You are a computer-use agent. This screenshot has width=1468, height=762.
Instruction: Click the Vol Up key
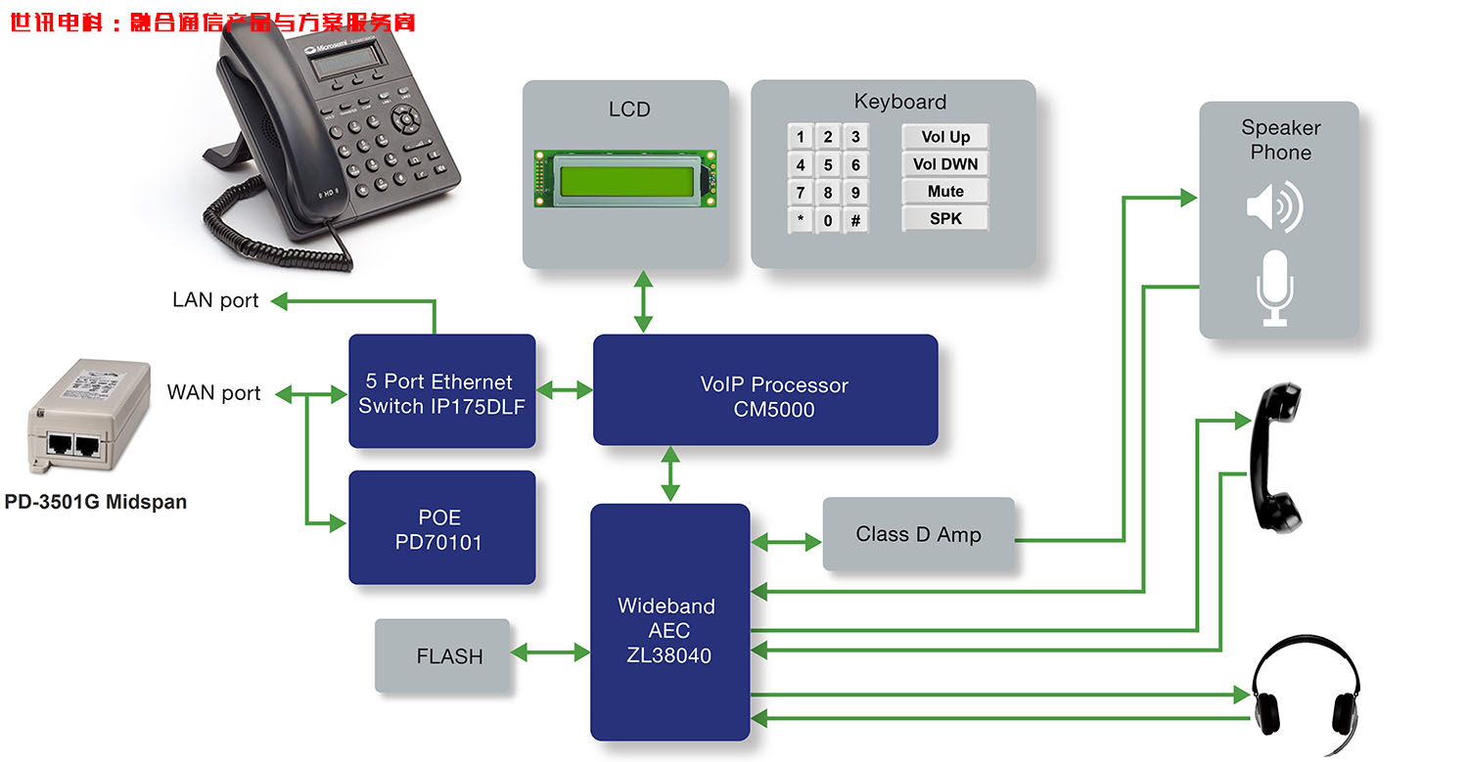(x=945, y=137)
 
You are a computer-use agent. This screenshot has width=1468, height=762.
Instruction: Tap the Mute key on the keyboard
(x=945, y=192)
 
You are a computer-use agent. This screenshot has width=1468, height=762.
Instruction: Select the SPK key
(x=945, y=219)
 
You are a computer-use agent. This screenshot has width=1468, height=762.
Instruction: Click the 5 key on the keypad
(x=828, y=164)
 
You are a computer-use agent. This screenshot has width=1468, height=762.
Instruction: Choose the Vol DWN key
(x=945, y=164)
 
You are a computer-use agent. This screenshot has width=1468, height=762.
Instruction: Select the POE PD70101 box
(x=442, y=528)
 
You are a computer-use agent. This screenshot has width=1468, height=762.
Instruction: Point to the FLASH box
(x=442, y=656)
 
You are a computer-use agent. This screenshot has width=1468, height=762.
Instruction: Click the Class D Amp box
(x=918, y=534)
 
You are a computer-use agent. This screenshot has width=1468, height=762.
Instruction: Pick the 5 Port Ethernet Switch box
(x=442, y=391)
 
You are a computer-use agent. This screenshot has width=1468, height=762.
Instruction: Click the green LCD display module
(x=625, y=178)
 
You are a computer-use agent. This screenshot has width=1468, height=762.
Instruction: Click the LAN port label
(x=215, y=300)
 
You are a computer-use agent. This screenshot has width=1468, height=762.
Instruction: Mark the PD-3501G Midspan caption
(x=95, y=503)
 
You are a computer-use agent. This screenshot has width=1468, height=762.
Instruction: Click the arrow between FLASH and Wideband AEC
(x=550, y=652)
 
